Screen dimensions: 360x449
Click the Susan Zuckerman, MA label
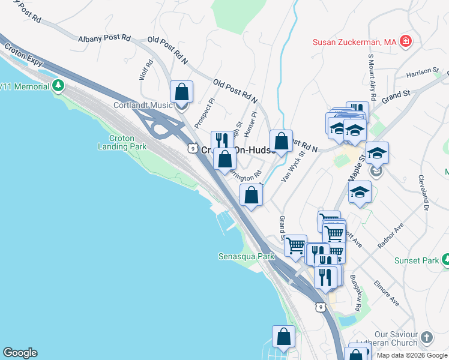(x=354, y=42)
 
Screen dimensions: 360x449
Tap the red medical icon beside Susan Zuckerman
(x=406, y=41)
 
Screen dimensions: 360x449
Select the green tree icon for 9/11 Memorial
(x=58, y=86)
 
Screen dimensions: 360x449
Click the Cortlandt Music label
(x=143, y=105)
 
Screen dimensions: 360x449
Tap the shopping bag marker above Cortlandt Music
(x=181, y=94)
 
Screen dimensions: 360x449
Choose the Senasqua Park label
(x=246, y=256)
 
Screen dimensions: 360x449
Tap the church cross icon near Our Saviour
(x=426, y=337)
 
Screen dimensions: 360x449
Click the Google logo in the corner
(x=19, y=353)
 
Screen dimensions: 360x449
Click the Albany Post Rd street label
(x=104, y=38)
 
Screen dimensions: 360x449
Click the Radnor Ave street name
(x=391, y=235)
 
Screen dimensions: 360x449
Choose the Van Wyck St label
(x=292, y=165)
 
